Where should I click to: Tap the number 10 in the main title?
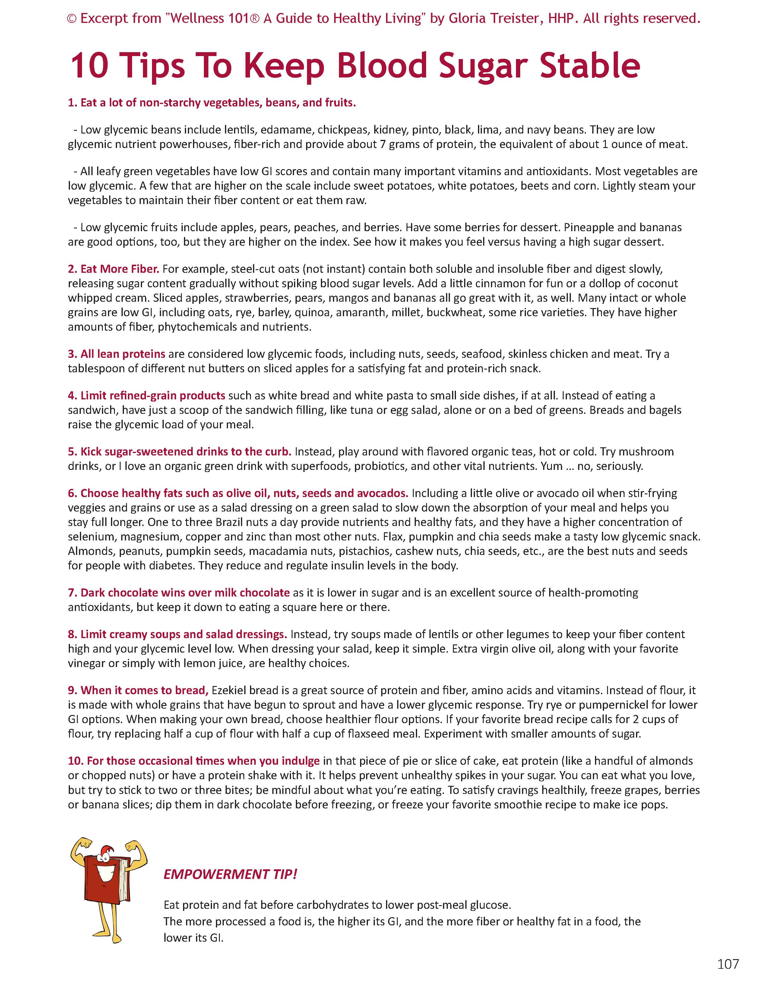coord(89,65)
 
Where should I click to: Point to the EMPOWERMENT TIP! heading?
coord(230,874)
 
